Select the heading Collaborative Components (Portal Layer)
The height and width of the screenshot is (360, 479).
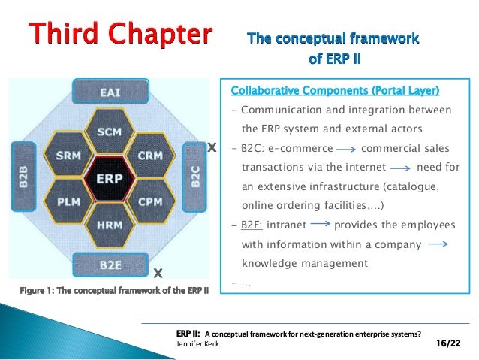click(x=335, y=92)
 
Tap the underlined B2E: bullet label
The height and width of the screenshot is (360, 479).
click(x=253, y=225)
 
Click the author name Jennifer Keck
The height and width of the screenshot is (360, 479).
click(x=198, y=344)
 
